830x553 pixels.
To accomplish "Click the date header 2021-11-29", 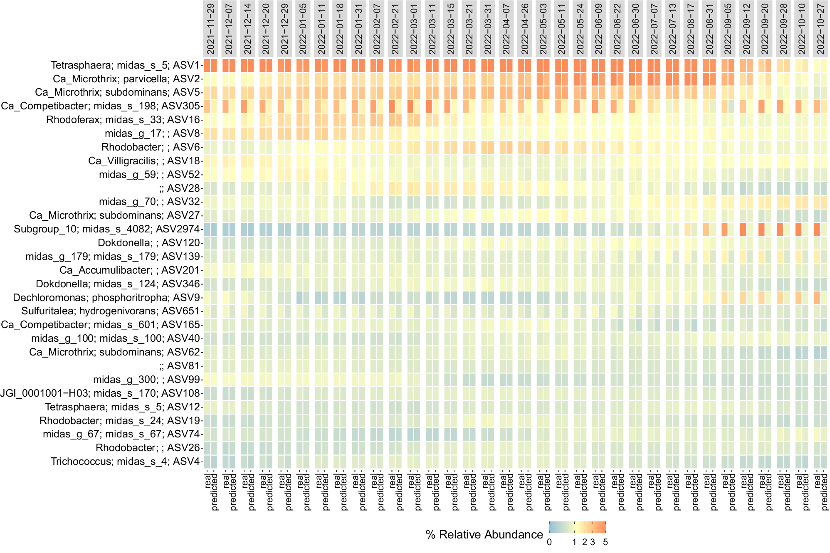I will click(x=211, y=28).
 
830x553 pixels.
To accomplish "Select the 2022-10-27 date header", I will click(x=820, y=28).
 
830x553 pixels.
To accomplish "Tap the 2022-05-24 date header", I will click(x=580, y=28).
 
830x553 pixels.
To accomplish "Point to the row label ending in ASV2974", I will click(x=107, y=230).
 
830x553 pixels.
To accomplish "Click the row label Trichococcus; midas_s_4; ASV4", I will click(x=126, y=462).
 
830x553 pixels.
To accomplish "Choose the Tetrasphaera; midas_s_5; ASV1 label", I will click(x=126, y=65).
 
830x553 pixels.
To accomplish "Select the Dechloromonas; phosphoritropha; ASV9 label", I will click(x=107, y=298).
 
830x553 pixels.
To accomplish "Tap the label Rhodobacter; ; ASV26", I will click(x=148, y=448).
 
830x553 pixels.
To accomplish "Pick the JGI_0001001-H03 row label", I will click(x=100, y=393).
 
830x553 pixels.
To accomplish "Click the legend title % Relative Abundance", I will click(x=484, y=535).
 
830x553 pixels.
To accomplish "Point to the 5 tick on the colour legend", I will click(x=605, y=543).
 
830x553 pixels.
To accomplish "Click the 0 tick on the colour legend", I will click(x=549, y=543).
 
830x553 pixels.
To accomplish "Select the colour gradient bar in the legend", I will click(x=577, y=527).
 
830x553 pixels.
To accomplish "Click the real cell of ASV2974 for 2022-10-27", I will click(x=817, y=230).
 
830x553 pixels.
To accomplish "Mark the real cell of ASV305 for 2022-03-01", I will click(x=410, y=106).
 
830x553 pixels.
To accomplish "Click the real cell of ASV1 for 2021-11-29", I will click(x=207, y=65).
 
